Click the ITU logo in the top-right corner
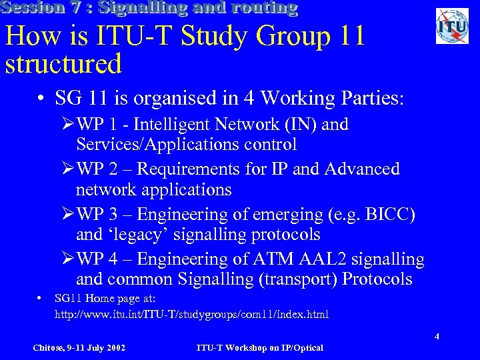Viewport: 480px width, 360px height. pos(452,26)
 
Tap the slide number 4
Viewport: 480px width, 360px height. pos(437,337)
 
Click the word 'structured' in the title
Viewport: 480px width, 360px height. pos(63,64)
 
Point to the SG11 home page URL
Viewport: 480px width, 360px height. pos(191,314)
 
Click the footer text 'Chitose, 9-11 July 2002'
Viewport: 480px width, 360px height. pos(79,348)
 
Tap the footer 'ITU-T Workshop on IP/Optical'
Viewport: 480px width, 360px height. pos(260,348)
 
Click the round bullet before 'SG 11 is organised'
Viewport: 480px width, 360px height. pos(41,99)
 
